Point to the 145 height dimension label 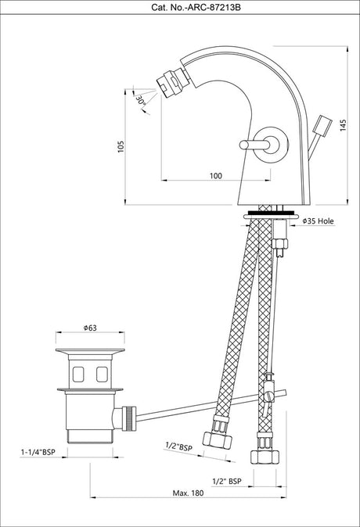[343, 125]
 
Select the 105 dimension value [121, 146]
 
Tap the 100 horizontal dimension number [216, 175]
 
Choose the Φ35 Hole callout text [319, 220]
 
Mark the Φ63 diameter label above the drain [90, 328]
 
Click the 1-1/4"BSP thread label [38, 453]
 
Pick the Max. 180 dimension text [188, 493]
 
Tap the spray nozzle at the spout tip [173, 82]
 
